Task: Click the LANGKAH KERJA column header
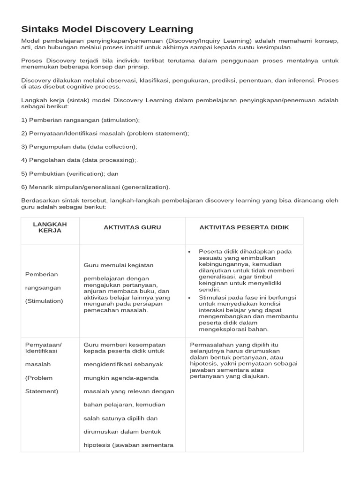tap(50, 227)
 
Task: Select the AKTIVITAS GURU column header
tap(132, 227)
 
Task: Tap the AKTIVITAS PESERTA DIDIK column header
tap(244, 227)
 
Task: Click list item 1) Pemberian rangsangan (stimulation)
tap(81, 120)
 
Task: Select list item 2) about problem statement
tap(105, 134)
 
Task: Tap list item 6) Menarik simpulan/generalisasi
tap(96, 187)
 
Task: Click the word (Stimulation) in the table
tap(44, 301)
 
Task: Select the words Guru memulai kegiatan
tap(118, 265)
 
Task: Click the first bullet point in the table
tap(189, 252)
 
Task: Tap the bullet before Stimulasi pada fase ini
tap(189, 297)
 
